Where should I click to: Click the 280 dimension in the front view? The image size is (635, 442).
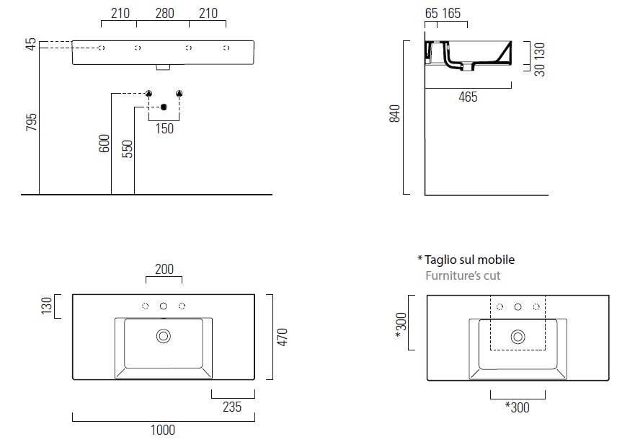[164, 14]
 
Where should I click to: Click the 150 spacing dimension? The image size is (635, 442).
[164, 128]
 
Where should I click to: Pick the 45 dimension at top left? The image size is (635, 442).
[31, 45]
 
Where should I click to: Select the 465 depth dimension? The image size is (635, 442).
[468, 97]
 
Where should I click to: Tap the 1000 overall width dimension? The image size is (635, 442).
[163, 430]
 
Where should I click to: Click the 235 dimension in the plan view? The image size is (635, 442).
[232, 407]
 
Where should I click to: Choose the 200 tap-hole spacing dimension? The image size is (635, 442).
[164, 270]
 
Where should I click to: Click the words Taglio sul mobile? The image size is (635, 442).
[470, 260]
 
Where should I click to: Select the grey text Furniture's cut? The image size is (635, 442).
[463, 275]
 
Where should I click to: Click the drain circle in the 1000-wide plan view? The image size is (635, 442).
[164, 335]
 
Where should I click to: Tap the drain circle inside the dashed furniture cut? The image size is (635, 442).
[518, 336]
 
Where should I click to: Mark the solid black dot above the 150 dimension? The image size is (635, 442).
[164, 108]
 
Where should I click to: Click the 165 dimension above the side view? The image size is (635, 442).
[451, 14]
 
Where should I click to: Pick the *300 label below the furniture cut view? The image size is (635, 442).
[518, 407]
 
